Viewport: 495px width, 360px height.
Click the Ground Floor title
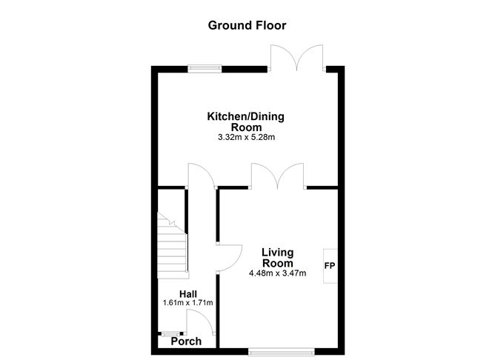247,25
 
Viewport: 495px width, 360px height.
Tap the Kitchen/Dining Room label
246,121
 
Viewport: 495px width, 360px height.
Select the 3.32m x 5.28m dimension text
247,138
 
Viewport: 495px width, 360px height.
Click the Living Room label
277,258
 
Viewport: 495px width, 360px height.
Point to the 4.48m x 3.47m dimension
277,273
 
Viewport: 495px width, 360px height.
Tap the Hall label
187,293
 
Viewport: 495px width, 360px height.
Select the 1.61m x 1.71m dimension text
187,303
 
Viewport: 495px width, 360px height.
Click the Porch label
186,341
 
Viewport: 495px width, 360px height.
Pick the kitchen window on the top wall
205,68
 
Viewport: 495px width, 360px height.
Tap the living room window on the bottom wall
281,349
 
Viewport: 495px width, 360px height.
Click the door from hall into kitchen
200,176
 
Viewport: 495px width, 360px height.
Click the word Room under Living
277,263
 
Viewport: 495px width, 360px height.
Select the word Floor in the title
270,25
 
